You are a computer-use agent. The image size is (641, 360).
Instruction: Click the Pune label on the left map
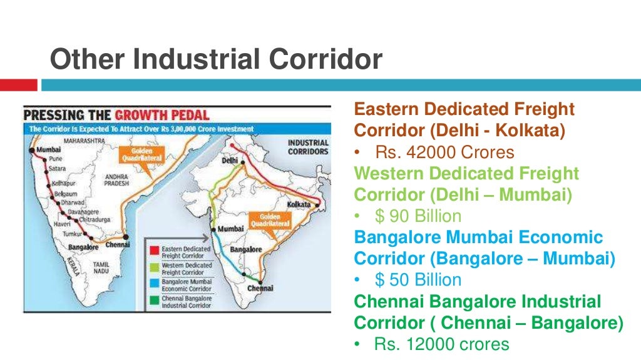tap(54, 159)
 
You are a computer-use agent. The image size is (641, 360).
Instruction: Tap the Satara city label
tap(57, 168)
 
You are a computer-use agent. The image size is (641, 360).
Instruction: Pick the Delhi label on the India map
tap(230, 160)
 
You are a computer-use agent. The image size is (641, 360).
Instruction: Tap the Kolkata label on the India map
tap(299, 204)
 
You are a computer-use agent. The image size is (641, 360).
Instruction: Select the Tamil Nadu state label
tap(101, 269)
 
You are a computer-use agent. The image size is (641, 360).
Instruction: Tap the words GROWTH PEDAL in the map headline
tap(162, 115)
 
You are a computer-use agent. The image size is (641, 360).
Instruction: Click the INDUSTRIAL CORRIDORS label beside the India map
tap(308, 147)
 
